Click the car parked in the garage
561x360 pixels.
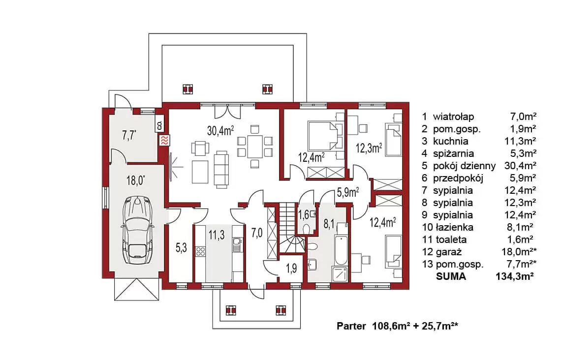(x=137, y=230)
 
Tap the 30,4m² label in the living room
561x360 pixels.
(x=220, y=130)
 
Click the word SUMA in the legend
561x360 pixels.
(x=451, y=276)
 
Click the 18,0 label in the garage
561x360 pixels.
(x=135, y=180)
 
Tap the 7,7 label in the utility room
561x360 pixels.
(x=129, y=136)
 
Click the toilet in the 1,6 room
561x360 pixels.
(x=306, y=228)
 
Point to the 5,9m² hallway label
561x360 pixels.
(x=348, y=193)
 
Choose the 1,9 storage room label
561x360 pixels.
(x=291, y=268)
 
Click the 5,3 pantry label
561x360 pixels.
(x=181, y=247)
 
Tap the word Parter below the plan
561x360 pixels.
(x=351, y=326)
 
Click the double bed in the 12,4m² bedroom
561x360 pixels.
(x=322, y=136)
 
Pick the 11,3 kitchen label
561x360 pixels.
(x=217, y=235)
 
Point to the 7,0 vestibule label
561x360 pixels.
(x=256, y=233)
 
